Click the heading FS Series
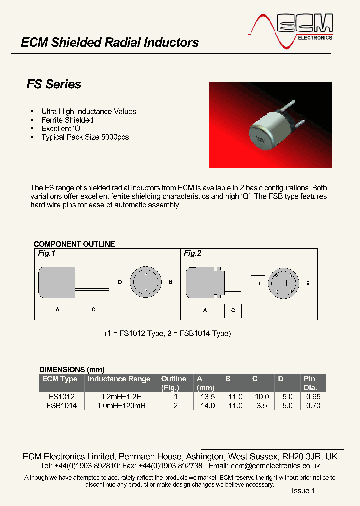point(54,84)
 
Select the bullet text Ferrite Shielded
point(67,120)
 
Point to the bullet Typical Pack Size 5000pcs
point(85,137)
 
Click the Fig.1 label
point(46,254)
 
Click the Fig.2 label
point(192,254)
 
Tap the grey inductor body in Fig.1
point(56,282)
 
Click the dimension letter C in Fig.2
point(233,310)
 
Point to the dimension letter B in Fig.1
point(171,282)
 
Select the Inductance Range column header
point(119,379)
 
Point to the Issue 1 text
point(303,491)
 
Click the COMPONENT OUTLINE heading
point(74,244)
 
